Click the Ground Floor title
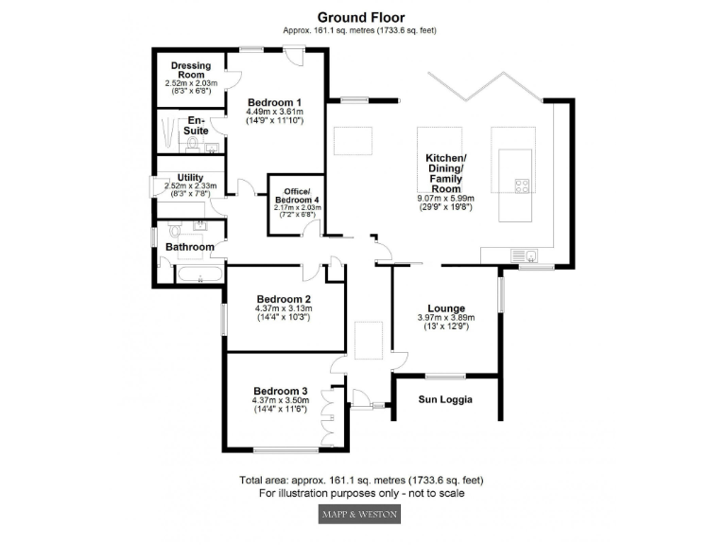(362, 17)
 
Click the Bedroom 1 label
(274, 102)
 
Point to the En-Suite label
(196, 126)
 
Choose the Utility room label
(190, 177)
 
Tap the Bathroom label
(190, 248)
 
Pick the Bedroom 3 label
(280, 391)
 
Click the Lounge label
(445, 308)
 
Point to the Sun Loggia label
(445, 399)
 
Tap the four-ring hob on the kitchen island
(521, 185)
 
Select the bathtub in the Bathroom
(199, 275)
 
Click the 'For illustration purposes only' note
(362, 493)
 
